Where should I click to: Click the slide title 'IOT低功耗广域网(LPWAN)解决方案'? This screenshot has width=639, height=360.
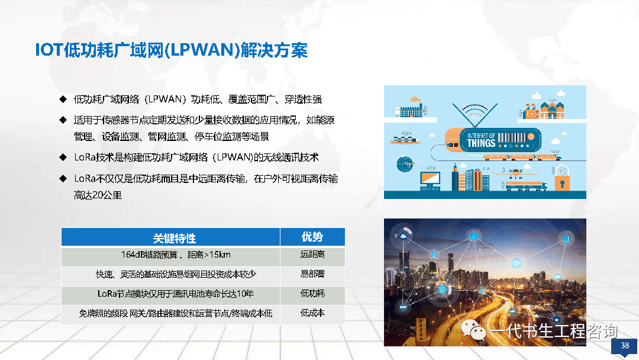[x=171, y=50]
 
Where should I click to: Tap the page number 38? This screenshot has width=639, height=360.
[x=625, y=345]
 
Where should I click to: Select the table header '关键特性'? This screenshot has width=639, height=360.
[x=175, y=238]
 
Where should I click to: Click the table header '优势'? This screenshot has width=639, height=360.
[x=312, y=237]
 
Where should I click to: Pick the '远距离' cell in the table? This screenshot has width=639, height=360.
[x=312, y=255]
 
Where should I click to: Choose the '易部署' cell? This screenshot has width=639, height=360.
[x=312, y=274]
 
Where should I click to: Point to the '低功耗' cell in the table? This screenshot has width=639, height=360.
[x=312, y=294]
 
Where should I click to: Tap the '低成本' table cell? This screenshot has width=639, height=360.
[x=312, y=313]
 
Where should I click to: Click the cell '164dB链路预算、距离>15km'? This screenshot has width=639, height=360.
[x=176, y=255]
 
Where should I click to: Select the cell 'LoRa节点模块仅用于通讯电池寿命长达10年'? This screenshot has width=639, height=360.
[x=176, y=294]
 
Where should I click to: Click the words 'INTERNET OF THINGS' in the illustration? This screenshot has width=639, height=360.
[x=481, y=140]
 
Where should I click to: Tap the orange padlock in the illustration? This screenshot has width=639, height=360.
[x=562, y=182]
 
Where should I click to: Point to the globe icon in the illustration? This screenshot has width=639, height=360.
[x=405, y=164]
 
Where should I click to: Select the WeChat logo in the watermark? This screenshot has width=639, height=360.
[x=473, y=329]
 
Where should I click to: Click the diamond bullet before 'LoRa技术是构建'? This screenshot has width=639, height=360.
[x=63, y=157]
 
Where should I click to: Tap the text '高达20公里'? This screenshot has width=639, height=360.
[x=98, y=195]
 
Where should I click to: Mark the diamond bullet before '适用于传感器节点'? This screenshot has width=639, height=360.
[x=63, y=120]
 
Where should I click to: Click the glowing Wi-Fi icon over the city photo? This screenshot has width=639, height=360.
[x=517, y=262]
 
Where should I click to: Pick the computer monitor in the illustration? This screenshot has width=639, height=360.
[x=430, y=181]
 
